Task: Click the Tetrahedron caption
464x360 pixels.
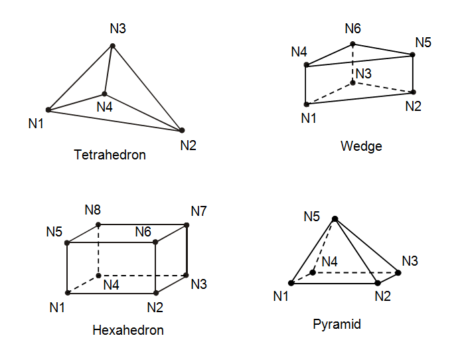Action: coord(110,155)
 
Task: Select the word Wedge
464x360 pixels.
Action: coord(361,145)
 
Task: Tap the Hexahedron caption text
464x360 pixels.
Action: coord(128,330)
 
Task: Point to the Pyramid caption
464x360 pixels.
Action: coord(337,324)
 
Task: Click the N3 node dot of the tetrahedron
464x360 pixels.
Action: coord(113,45)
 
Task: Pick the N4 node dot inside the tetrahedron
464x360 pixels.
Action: coord(104,94)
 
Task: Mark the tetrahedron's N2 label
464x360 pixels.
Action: coord(188,145)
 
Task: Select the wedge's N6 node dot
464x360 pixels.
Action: coord(352,45)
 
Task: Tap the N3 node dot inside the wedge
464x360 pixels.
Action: coord(352,82)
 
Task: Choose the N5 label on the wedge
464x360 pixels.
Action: coord(424,43)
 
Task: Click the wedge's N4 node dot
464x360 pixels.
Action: coord(306,64)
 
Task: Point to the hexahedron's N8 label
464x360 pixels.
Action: coord(93,211)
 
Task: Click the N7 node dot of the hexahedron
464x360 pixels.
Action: coord(187,225)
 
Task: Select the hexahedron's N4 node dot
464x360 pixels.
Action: coord(99,275)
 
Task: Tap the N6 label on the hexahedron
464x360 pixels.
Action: coord(143,232)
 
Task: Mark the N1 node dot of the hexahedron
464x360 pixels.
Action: coord(68,292)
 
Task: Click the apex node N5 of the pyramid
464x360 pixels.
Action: coord(335,219)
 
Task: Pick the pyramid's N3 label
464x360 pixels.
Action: coord(410,261)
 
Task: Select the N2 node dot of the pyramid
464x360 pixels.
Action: coord(378,284)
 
